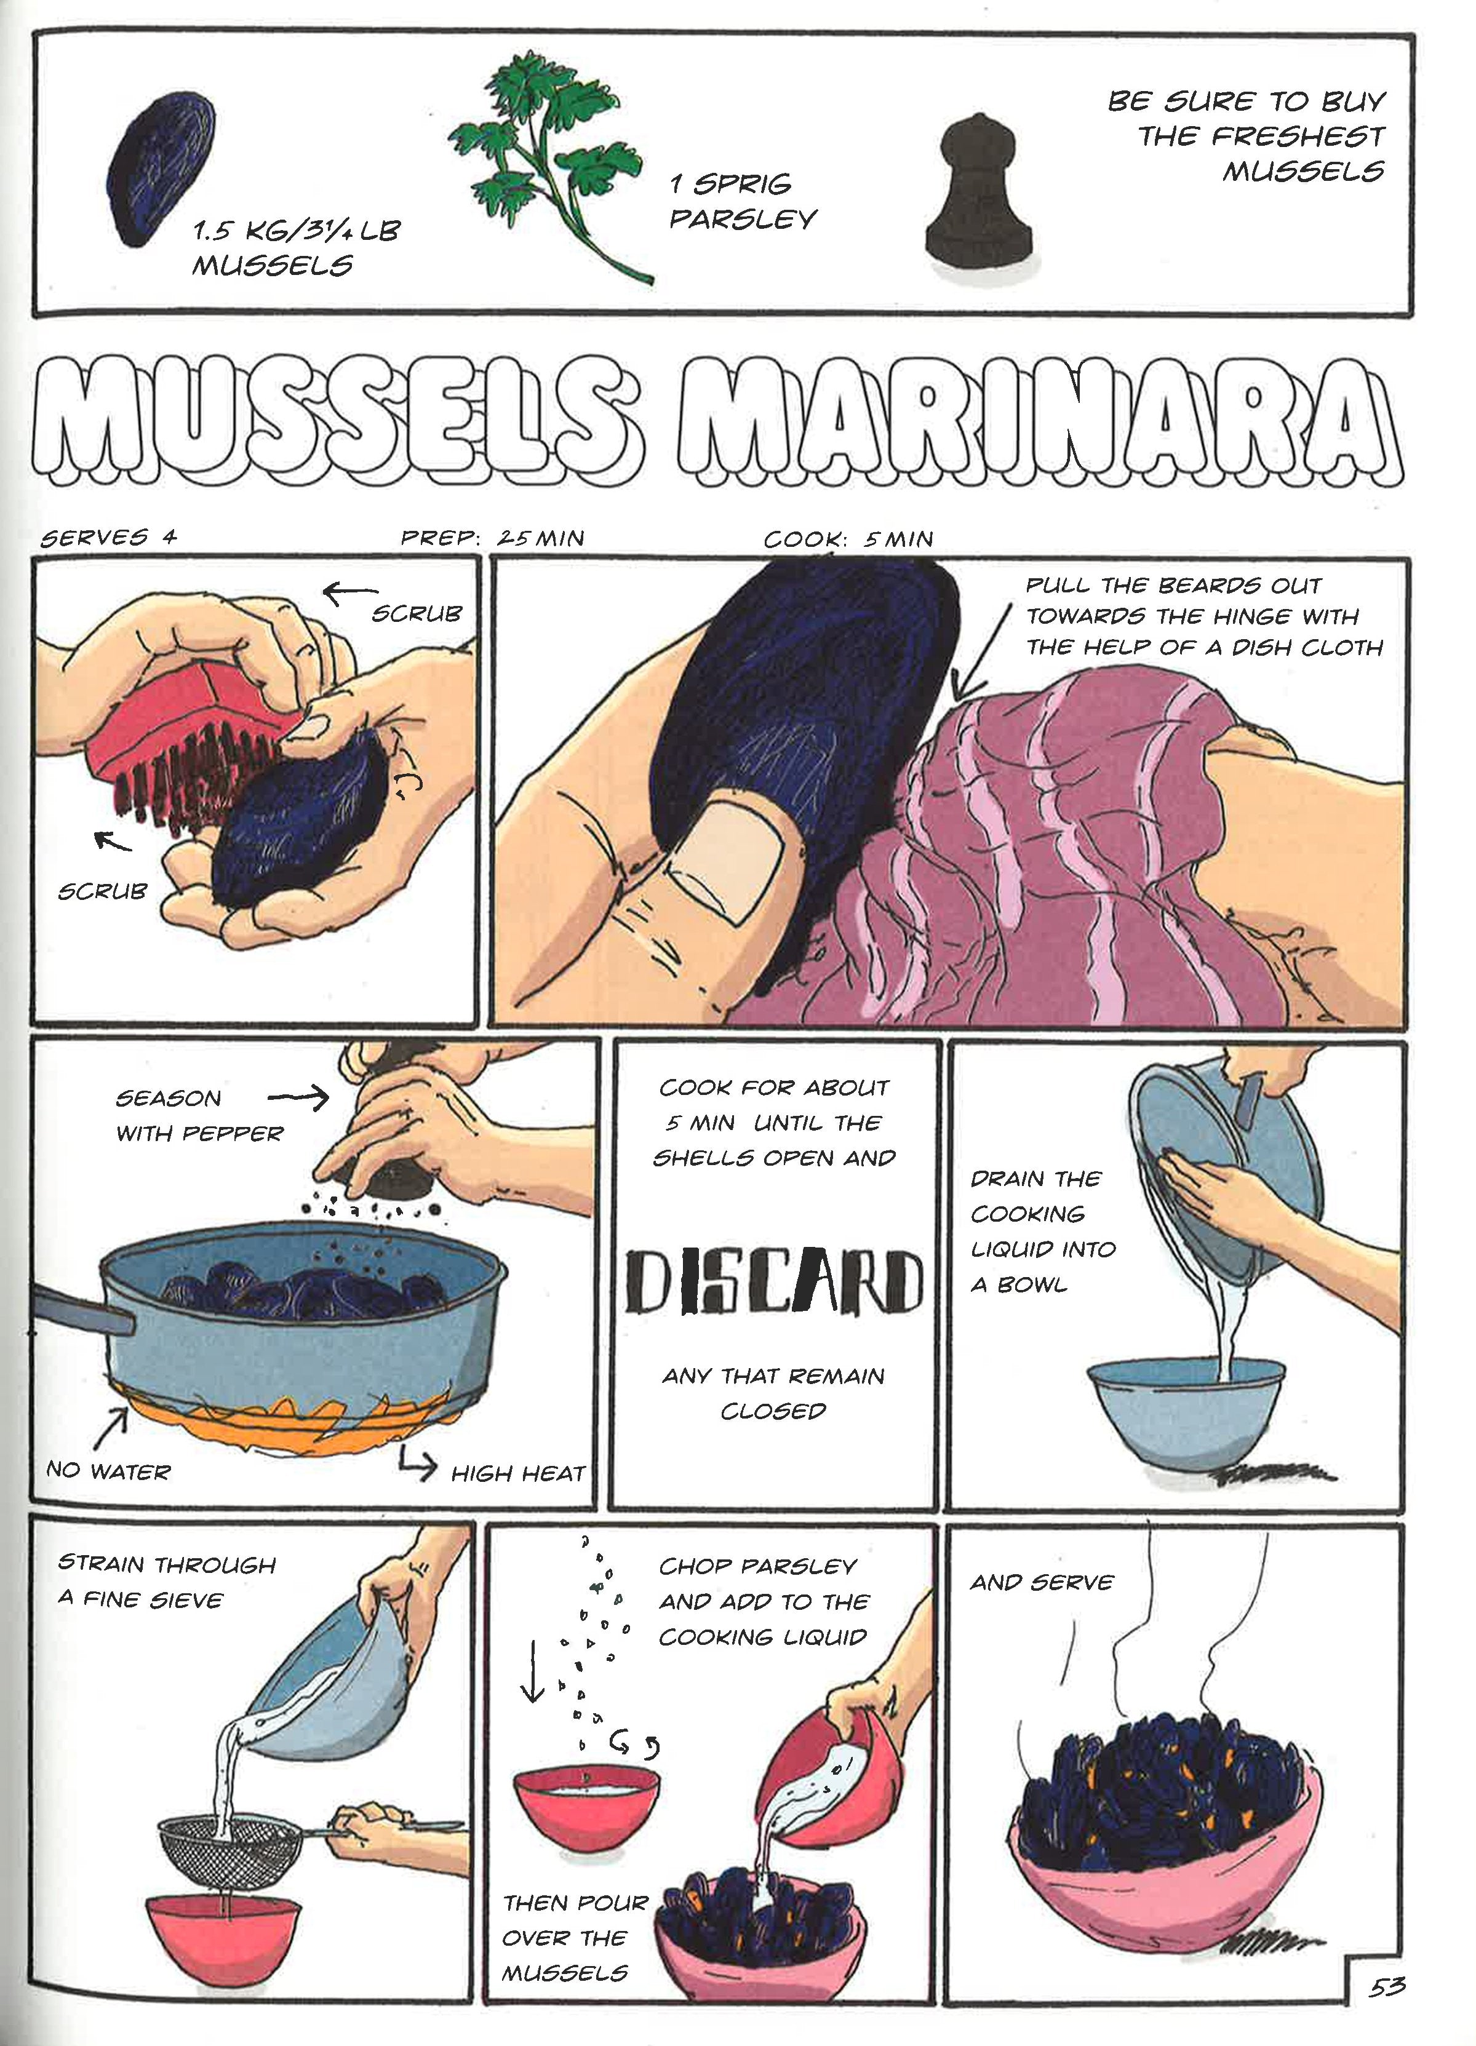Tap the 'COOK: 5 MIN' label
848,539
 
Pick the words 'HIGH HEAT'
518,1474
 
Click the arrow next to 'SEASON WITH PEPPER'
300,1097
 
